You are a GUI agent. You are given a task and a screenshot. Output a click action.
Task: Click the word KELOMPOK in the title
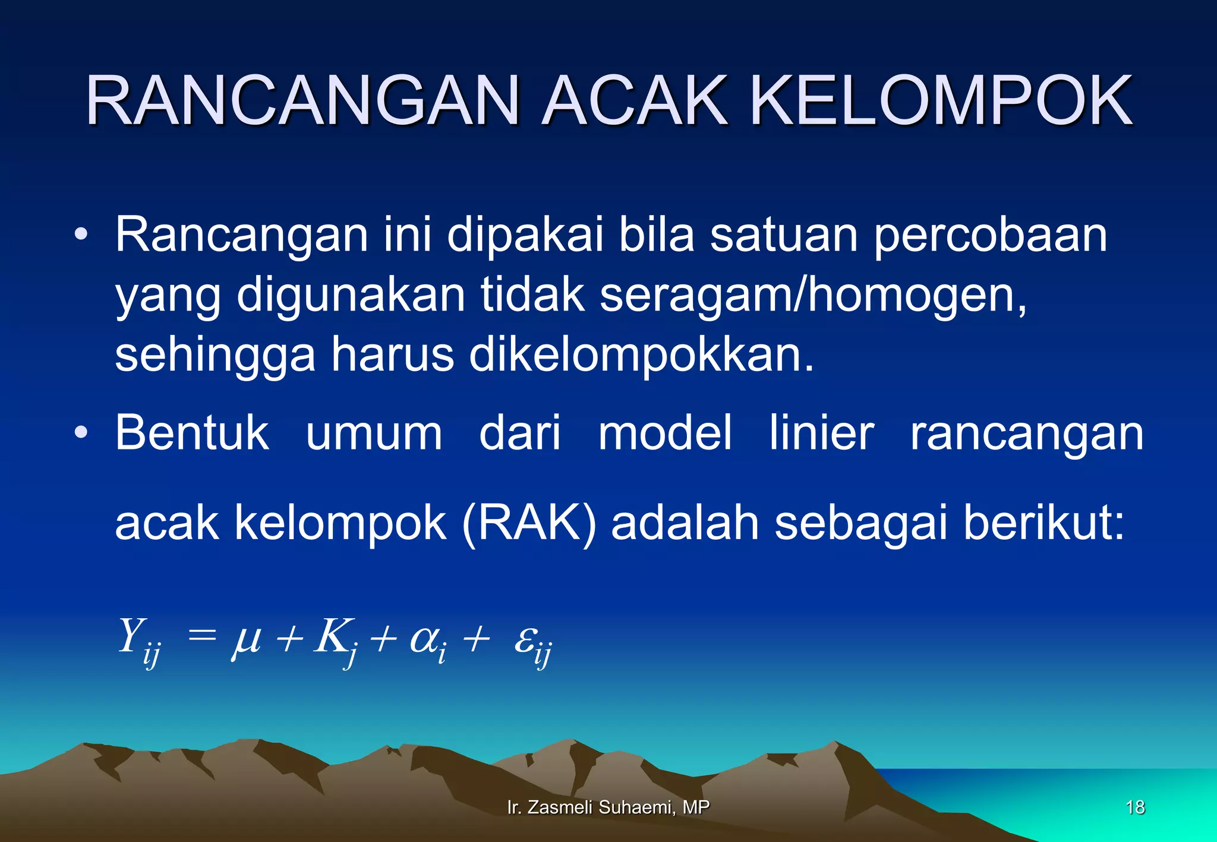(x=941, y=101)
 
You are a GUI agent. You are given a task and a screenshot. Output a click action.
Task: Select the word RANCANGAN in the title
(x=303, y=101)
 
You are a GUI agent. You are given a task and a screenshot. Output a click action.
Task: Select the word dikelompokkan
(x=641, y=355)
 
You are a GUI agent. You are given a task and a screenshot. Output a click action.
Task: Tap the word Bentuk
(x=192, y=433)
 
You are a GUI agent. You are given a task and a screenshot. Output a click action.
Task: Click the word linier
(x=821, y=433)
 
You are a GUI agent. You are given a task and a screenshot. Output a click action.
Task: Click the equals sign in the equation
(x=202, y=637)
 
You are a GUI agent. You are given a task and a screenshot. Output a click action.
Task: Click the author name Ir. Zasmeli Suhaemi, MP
(x=608, y=808)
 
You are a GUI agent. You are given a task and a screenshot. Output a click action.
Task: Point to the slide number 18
(x=1135, y=808)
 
